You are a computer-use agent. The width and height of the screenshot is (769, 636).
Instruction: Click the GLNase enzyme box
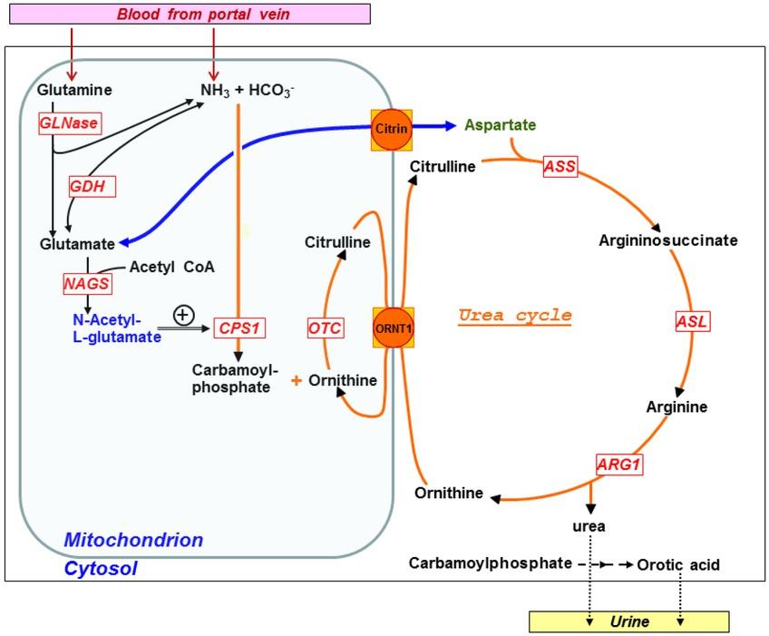coord(68,122)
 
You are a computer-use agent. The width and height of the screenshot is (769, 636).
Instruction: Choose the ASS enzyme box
coord(560,165)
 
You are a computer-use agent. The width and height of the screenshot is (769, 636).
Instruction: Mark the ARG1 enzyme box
coord(618,464)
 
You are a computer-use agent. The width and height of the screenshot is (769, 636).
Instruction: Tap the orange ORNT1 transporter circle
coord(393,328)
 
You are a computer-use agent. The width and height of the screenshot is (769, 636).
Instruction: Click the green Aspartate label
coord(500,125)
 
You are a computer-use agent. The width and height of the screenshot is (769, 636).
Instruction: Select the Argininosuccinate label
coord(668,240)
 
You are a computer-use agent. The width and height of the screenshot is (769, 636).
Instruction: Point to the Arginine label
coord(677,406)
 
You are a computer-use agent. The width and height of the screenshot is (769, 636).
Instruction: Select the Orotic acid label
coord(677,564)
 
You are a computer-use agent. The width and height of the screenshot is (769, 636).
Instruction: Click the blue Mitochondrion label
coord(133,541)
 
